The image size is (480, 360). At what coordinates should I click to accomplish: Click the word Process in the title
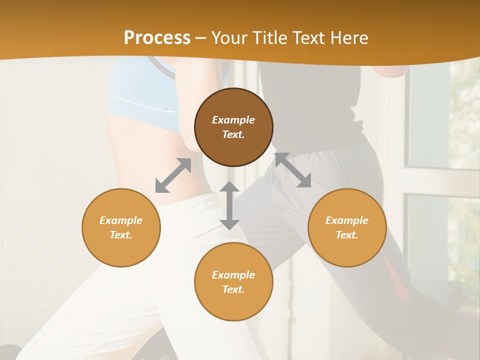click(x=157, y=38)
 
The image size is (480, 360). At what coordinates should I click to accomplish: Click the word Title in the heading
click(x=269, y=38)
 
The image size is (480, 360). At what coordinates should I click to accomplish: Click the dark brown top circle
click(x=233, y=127)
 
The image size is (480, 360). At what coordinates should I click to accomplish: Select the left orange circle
click(x=121, y=227)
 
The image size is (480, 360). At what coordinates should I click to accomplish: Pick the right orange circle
click(x=347, y=227)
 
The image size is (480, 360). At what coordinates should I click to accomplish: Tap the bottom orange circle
click(x=233, y=282)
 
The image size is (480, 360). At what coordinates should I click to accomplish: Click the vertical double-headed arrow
click(x=229, y=205)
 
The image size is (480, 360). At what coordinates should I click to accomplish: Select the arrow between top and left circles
click(x=173, y=175)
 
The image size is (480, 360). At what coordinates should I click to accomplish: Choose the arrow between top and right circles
click(x=293, y=170)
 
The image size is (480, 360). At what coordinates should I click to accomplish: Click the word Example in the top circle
click(x=233, y=120)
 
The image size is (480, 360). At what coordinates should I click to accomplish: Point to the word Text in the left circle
click(x=121, y=235)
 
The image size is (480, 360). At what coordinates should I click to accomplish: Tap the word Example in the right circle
click(x=347, y=220)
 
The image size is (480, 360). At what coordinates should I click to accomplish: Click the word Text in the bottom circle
click(x=233, y=289)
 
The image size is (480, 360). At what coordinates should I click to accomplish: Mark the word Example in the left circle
click(x=121, y=220)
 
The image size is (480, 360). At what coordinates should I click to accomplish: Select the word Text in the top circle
click(x=233, y=134)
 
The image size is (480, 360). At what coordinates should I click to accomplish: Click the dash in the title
click(x=201, y=38)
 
